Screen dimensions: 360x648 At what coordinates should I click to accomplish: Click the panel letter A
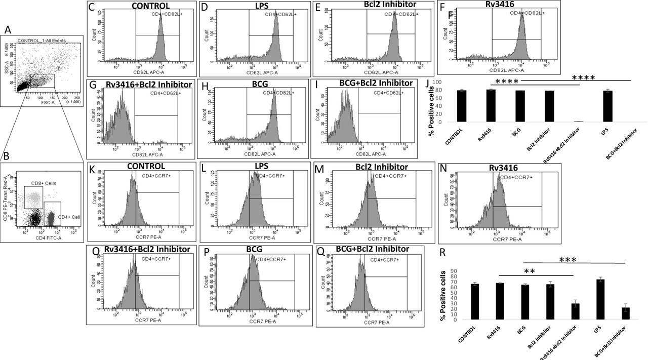8,30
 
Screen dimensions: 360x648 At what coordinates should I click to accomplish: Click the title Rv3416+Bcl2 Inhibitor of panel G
141,84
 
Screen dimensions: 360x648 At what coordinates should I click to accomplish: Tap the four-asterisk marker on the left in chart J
508,81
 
